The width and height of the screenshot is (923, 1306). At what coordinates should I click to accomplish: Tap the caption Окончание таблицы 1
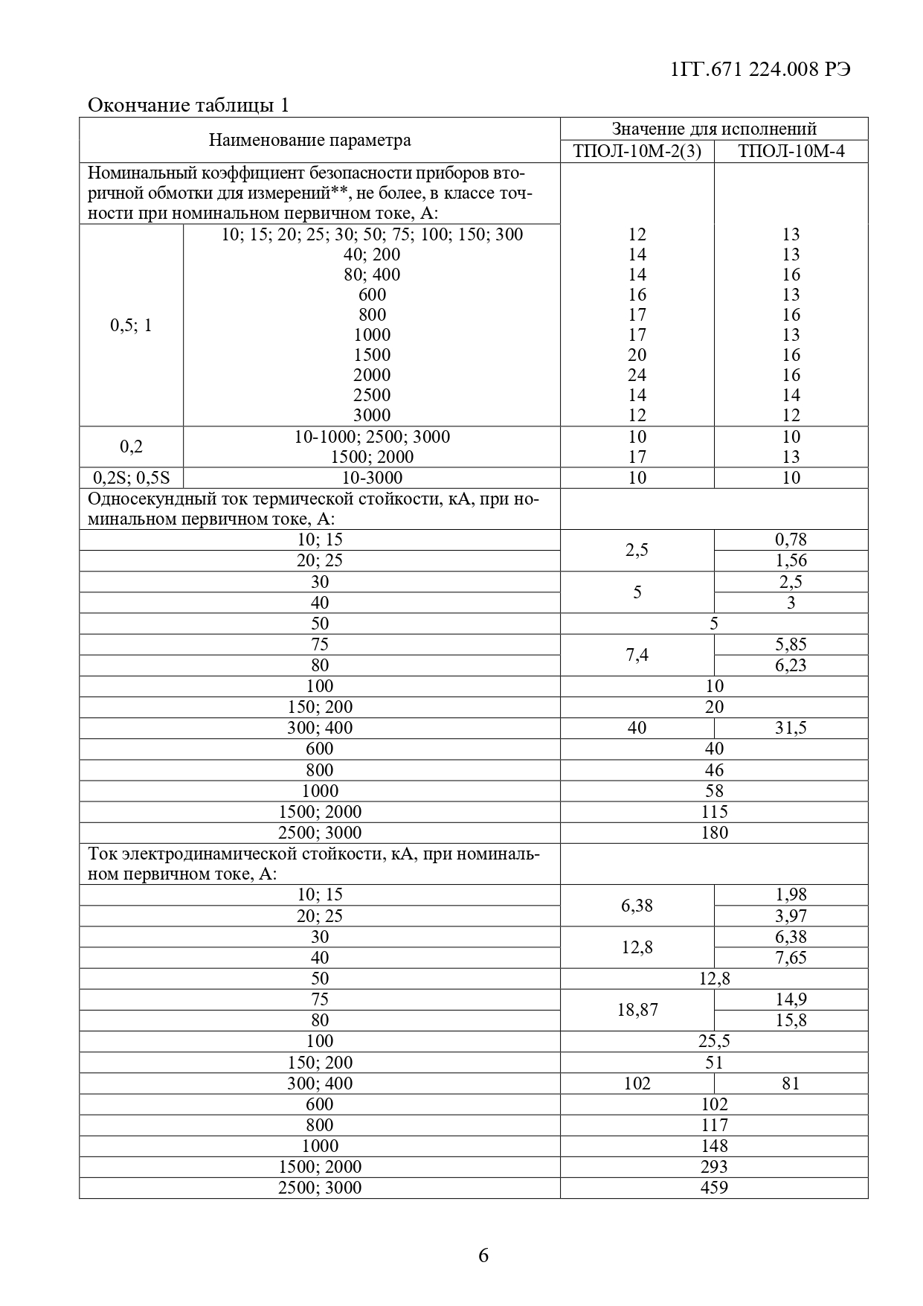point(188,105)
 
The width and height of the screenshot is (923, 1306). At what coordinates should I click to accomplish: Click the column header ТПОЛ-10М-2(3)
point(637,152)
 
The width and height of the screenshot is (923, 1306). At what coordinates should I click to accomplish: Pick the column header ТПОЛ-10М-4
point(791,152)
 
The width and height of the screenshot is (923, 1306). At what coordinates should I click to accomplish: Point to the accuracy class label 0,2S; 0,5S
point(131,478)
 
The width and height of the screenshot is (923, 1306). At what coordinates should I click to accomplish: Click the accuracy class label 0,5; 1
point(131,325)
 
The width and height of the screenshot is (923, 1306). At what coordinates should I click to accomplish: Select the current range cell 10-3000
point(371,478)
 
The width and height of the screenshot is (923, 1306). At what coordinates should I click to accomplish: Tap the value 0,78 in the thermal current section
point(791,540)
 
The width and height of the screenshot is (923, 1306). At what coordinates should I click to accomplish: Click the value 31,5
point(791,728)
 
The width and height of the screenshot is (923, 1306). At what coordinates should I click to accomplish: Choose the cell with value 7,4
point(637,655)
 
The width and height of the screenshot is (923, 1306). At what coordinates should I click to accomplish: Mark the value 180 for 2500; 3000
point(714,833)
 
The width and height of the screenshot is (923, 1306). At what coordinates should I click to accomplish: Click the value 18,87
point(637,1010)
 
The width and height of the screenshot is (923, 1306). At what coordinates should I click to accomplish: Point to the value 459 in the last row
point(714,1188)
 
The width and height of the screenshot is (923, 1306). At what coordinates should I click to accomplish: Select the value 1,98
point(791,894)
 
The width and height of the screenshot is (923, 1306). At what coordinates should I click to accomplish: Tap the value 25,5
point(714,1041)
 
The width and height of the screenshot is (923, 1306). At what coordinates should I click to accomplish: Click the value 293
point(714,1167)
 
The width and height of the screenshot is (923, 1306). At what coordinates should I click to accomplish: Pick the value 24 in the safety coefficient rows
point(637,375)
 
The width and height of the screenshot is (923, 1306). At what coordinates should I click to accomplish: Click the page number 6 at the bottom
point(483,1256)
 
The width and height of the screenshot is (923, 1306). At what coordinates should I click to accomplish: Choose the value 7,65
point(791,958)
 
